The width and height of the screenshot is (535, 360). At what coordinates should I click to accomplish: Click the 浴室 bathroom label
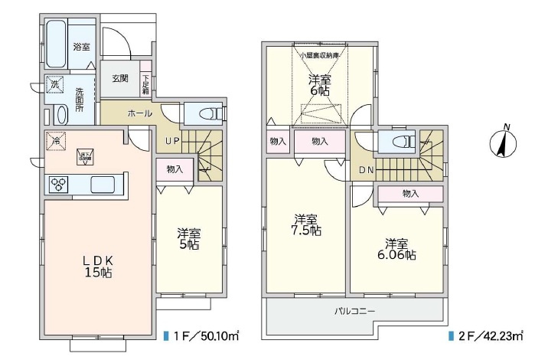81,47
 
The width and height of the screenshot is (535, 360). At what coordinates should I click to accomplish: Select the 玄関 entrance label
119,79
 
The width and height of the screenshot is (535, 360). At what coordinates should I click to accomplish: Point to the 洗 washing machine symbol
55,86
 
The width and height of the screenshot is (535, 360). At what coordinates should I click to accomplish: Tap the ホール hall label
139,113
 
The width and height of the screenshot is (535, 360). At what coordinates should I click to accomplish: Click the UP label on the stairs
173,142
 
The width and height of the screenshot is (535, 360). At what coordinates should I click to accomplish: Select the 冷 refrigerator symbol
55,141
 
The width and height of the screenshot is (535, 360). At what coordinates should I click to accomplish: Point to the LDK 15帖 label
97,265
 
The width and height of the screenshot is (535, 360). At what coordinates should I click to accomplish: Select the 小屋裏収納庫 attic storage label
320,56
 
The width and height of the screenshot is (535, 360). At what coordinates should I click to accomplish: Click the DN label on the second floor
367,170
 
